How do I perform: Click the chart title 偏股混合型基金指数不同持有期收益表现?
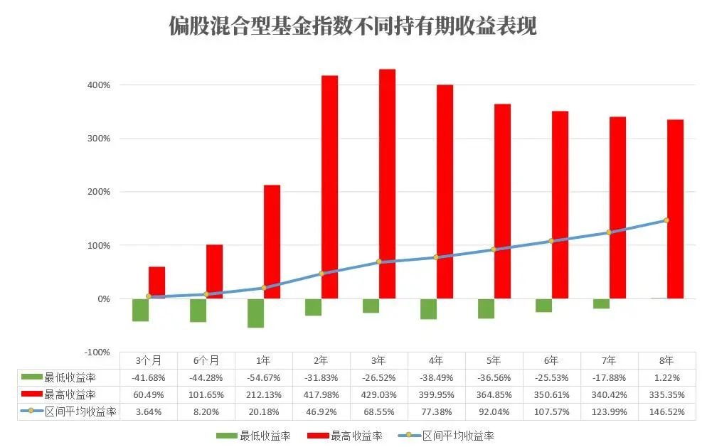pyautogui.click(x=353, y=26)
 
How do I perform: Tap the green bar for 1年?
pyautogui.click(x=255, y=313)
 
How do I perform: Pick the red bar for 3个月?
pyautogui.click(x=156, y=282)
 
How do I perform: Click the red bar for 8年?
pyautogui.click(x=675, y=209)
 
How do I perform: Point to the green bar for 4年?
pyautogui.click(x=428, y=308)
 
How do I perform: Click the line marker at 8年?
pyautogui.click(x=666, y=220)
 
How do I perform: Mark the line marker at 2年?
pyautogui.click(x=321, y=274)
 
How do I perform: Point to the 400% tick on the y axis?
pyautogui.click(x=99, y=85)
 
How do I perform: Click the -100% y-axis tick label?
pyautogui.click(x=97, y=352)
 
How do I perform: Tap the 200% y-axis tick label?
pyautogui.click(x=99, y=192)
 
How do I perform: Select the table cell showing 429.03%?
pyautogui.click(x=378, y=394)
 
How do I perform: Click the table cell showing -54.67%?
pyautogui.click(x=263, y=377)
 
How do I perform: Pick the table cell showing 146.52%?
pyautogui.click(x=666, y=411)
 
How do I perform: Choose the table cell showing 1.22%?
pyautogui.click(x=666, y=377)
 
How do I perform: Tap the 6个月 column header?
pyautogui.click(x=206, y=360)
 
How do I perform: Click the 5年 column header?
pyautogui.click(x=494, y=360)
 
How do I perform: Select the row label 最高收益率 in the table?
pyautogui.click(x=70, y=394)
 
